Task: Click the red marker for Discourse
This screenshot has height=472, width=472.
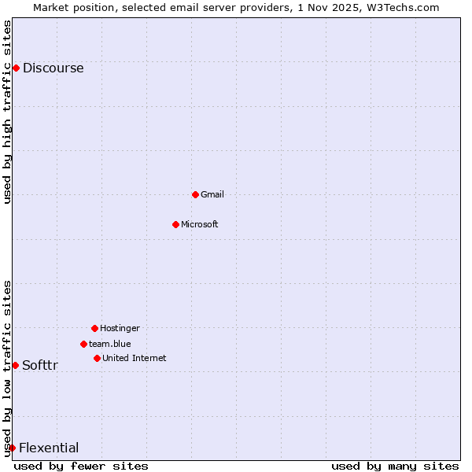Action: coord(16,68)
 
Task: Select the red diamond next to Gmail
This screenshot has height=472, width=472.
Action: coord(195,194)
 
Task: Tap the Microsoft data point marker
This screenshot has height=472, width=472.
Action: coord(175,224)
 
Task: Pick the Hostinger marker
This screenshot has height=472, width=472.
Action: coord(94,328)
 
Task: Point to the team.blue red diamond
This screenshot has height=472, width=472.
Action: coord(83,344)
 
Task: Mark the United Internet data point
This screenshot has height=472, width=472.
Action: coord(97,358)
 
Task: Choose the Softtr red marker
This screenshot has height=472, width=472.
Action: coord(15,365)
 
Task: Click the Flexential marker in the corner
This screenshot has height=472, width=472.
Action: coord(12,448)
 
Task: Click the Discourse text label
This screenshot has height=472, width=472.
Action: coord(53,68)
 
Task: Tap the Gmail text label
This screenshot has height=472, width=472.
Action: coord(212,194)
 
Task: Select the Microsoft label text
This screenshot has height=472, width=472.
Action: coord(200,224)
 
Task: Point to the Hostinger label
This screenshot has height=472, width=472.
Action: coord(120,328)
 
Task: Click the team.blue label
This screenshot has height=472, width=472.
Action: coord(110,344)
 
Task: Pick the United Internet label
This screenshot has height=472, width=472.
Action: coord(135,358)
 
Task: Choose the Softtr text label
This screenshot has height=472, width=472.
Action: coord(40,365)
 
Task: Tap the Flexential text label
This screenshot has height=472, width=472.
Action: coord(49,448)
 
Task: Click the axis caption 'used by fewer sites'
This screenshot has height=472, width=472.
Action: coord(81,466)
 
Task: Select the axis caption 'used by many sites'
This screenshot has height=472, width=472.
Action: coord(395,466)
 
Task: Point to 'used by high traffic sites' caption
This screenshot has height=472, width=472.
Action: coord(8,112)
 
